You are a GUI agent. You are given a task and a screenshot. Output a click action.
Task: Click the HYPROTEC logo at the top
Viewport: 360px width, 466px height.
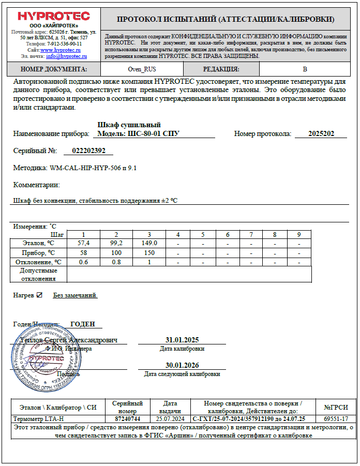pyautogui.click(x=53, y=16)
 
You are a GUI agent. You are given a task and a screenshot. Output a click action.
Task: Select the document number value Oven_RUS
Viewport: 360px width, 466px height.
pyautogui.click(x=141, y=69)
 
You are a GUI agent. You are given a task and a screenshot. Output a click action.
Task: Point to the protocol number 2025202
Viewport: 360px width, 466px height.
pyautogui.click(x=321, y=133)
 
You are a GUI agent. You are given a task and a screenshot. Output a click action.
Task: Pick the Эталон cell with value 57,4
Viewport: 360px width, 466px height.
pyautogui.click(x=83, y=243)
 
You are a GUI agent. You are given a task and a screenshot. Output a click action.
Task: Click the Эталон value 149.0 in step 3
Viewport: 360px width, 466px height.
pyautogui.click(x=149, y=243)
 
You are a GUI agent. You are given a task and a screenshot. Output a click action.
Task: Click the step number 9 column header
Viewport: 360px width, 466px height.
pyautogui.click(x=298, y=234)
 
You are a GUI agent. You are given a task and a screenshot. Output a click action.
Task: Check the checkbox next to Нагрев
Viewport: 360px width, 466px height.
pyautogui.click(x=39, y=295)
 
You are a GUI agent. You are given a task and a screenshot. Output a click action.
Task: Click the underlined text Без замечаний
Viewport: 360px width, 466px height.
pyautogui.click(x=75, y=295)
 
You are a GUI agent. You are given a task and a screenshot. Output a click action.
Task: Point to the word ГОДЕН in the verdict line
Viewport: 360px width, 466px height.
pyautogui.click(x=83, y=324)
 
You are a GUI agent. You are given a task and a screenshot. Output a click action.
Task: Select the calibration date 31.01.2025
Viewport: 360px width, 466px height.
pyautogui.click(x=182, y=340)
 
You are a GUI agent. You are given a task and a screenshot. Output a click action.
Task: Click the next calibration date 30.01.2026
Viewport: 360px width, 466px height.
pyautogui.click(x=182, y=365)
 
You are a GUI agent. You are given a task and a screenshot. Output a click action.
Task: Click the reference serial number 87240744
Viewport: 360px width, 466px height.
pyautogui.click(x=127, y=418)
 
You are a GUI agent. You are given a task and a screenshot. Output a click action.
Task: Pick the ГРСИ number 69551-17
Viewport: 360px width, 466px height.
pyautogui.click(x=336, y=418)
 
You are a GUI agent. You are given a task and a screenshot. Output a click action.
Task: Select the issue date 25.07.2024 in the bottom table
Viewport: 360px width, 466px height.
pyautogui.click(x=170, y=418)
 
